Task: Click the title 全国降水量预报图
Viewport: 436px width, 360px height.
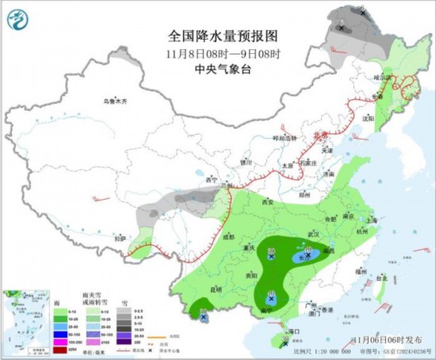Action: pyautogui.click(x=223, y=36)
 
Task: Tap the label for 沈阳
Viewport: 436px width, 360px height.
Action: pyautogui.click(x=367, y=118)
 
